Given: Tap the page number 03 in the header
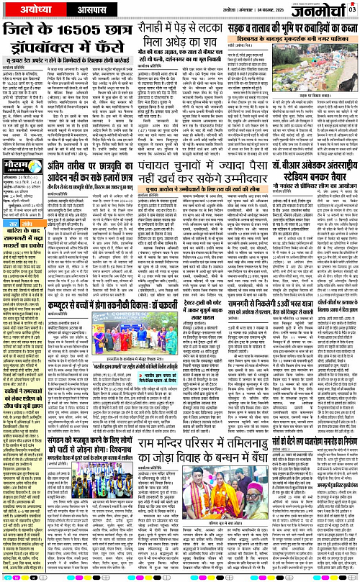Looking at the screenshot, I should tap(352, 9).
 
